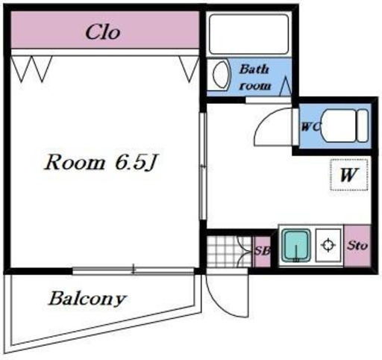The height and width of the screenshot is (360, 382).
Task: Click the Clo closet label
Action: pos(103,32)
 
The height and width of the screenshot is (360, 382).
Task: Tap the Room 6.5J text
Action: pos(100,163)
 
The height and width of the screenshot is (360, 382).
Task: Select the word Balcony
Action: pos(87,299)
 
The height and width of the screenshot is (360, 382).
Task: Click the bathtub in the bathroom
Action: pos(249,34)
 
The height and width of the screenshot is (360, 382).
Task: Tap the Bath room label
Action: pos(254,78)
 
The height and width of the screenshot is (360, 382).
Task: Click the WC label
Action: pos(310,127)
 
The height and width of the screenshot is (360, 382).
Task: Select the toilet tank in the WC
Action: pos(363,125)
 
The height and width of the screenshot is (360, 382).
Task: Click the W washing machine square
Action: pos(349,175)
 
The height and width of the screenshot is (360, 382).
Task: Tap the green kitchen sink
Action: pos(296,246)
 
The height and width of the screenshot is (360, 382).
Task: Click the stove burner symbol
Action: pos(328,245)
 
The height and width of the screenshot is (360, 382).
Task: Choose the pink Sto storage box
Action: pos(357,246)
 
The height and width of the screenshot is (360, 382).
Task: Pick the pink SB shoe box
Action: pos(262,251)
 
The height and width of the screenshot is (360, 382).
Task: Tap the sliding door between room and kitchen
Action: pos(203,166)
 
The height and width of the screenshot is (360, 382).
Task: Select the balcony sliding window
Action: pos(134,270)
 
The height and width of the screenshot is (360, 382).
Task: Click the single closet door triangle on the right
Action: pos(189,69)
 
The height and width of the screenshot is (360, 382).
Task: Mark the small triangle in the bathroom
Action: pos(286,86)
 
